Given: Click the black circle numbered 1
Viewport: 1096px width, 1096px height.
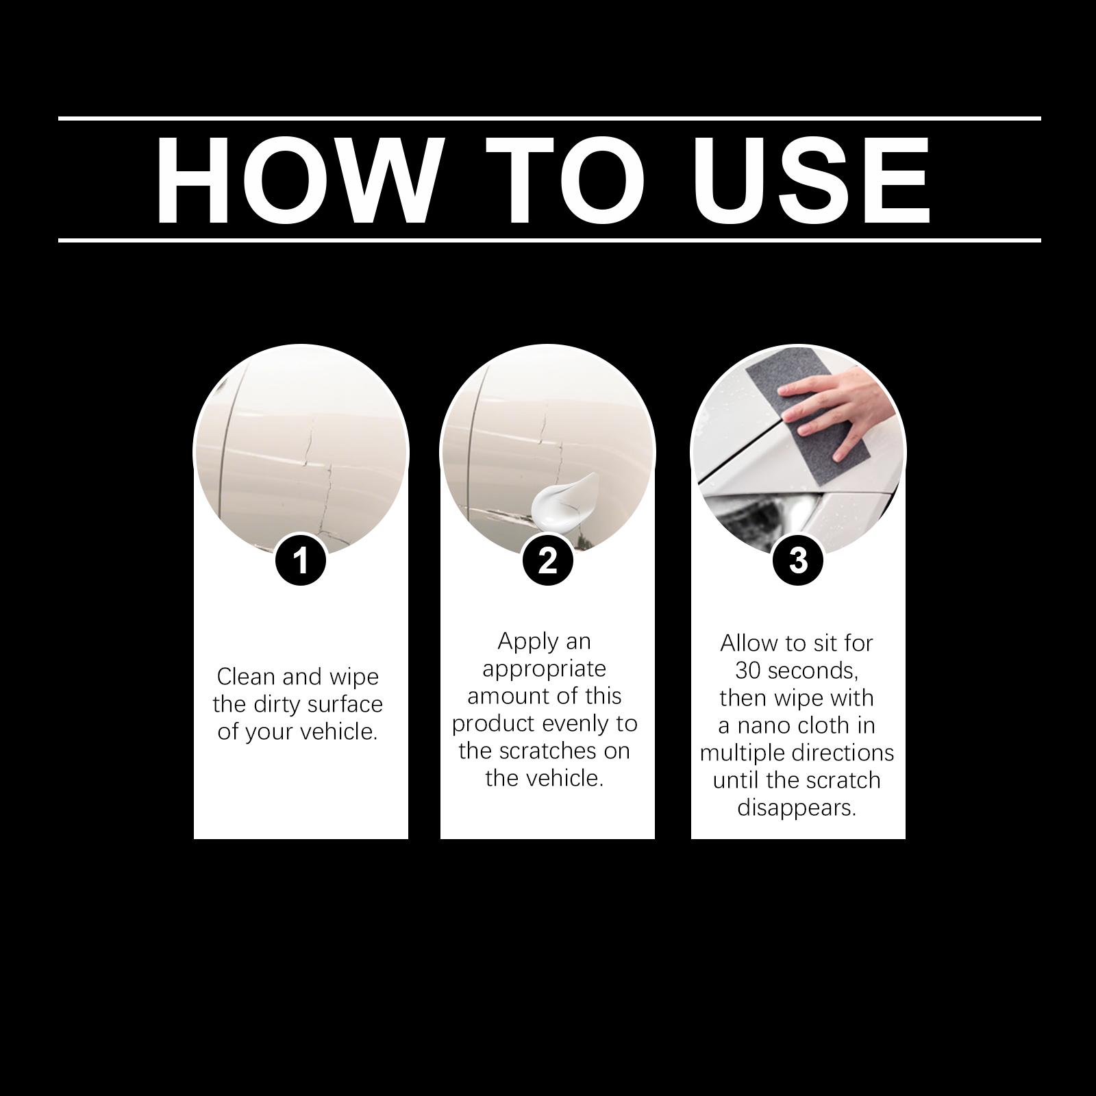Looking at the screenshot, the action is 301,560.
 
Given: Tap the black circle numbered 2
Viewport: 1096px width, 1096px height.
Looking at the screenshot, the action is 547,560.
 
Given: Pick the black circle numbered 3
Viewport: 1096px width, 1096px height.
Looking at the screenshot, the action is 798,560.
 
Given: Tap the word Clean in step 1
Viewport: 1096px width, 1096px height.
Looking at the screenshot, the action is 246,677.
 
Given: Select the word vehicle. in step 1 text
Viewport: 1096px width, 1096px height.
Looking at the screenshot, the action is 337,732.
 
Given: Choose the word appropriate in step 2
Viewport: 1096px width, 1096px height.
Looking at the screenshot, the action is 545,669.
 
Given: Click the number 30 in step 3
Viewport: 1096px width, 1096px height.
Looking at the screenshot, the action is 748,671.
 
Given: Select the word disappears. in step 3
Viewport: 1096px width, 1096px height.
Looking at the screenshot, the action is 797,809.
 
